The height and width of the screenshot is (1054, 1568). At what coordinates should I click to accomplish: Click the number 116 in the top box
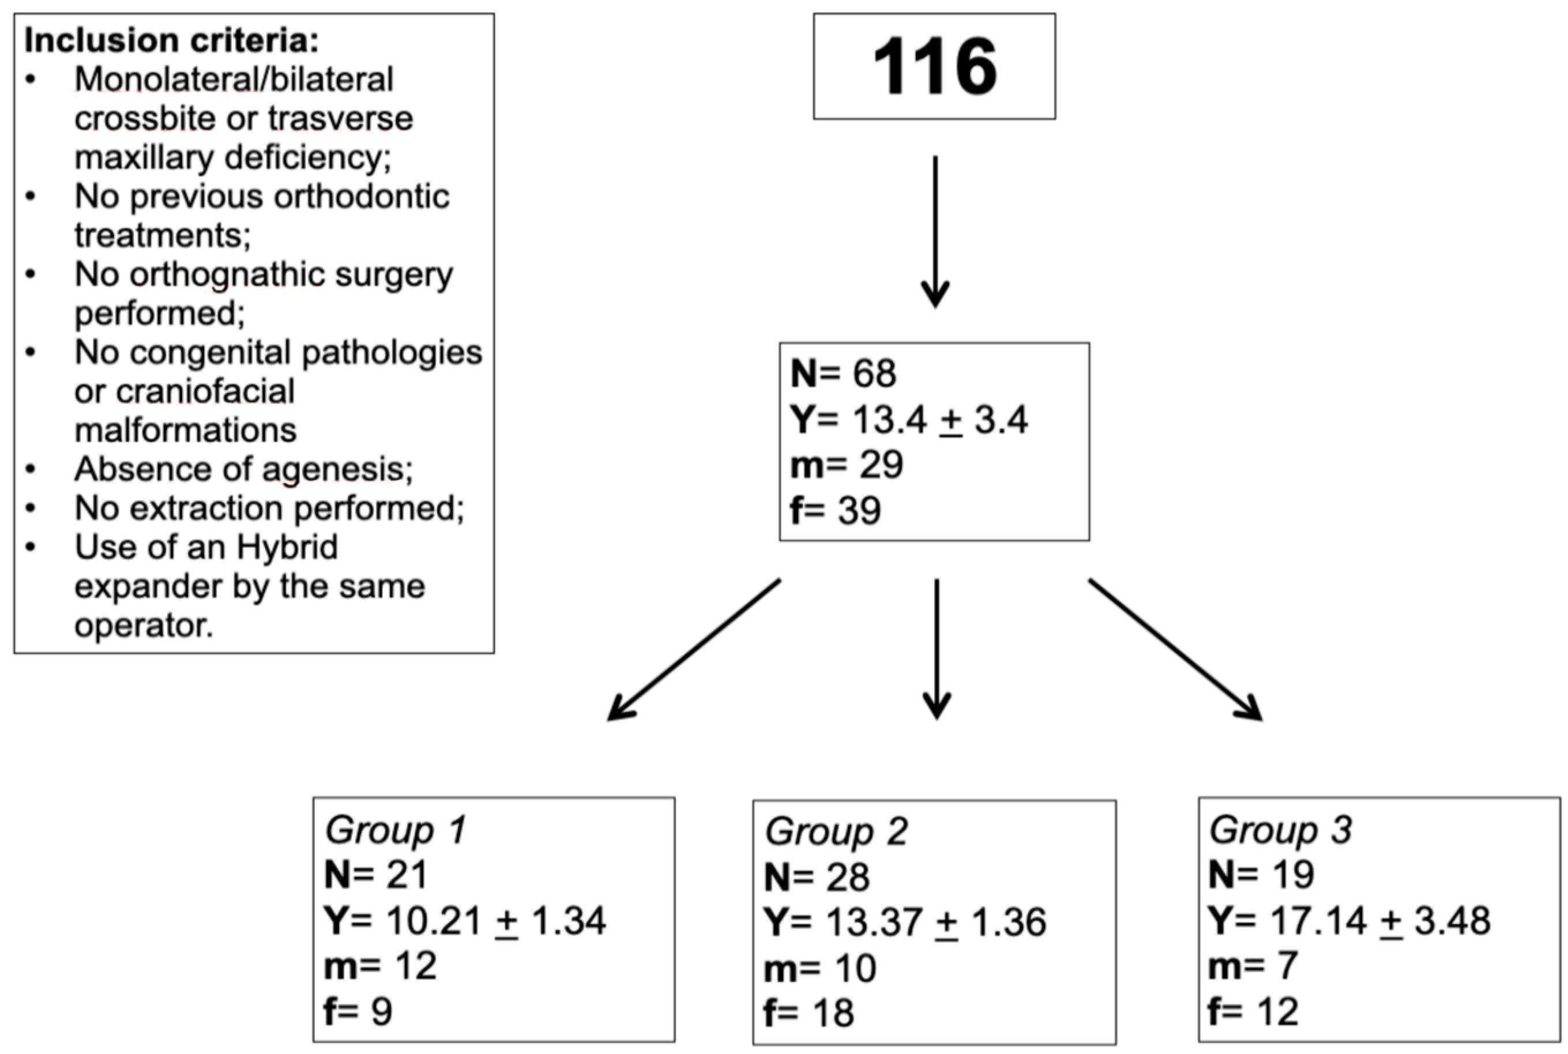pos(934,67)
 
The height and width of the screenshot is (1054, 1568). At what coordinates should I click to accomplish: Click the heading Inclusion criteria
pos(171,41)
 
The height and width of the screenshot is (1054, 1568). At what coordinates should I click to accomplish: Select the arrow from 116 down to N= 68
pos(935,232)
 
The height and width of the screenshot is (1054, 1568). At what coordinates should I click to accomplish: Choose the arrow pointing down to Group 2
pos(936,649)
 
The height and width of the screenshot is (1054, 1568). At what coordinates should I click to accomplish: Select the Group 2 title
pos(836,832)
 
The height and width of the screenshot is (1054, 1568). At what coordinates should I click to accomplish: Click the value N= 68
pos(844,374)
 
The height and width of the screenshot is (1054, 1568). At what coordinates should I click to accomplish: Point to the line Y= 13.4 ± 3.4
pos(909,421)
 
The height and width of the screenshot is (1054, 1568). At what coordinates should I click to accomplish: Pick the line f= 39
pos(836,510)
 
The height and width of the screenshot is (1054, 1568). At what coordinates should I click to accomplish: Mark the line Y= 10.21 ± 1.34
pos(465,920)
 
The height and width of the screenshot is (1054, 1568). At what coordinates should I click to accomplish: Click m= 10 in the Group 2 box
pos(820,969)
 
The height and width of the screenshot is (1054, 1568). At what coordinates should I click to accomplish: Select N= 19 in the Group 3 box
pos(1261,875)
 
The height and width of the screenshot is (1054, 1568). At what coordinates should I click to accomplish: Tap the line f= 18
pos(809,1013)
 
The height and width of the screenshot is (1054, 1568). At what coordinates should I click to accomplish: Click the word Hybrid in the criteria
pos(287,548)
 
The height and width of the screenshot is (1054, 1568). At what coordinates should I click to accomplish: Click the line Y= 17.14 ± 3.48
pos(1349,920)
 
